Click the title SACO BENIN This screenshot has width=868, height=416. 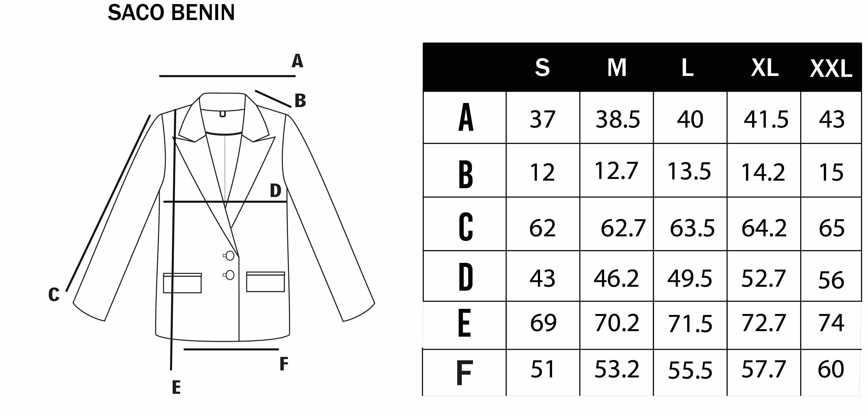(x=171, y=13)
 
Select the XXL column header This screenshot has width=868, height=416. (x=831, y=69)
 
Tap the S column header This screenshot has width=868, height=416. (x=542, y=68)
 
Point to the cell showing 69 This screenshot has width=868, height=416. (x=543, y=323)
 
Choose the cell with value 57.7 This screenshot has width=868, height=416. (x=764, y=369)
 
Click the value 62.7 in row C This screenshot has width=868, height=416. (x=623, y=228)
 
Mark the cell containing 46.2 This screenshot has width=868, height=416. (x=616, y=279)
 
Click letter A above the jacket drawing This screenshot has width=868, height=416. (x=297, y=61)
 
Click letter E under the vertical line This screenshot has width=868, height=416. (x=176, y=387)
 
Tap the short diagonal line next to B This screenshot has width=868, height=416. (x=273, y=99)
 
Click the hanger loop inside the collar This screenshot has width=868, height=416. (x=222, y=114)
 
